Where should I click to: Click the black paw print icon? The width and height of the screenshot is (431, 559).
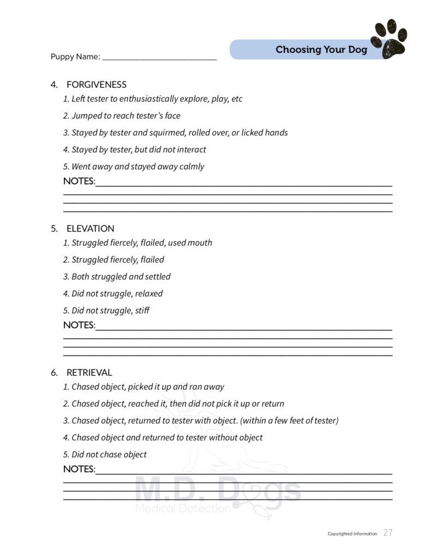coord(389,39)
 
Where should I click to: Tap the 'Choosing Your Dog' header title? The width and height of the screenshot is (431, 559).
coord(321,50)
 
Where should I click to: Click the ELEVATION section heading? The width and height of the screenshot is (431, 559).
coord(90,229)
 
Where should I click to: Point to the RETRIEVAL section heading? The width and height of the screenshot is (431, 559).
coord(89,373)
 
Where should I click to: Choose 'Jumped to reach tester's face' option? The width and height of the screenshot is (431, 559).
coord(122,116)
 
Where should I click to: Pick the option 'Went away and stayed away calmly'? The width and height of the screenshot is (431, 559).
coord(133,166)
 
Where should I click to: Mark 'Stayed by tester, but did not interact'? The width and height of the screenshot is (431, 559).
coord(135,150)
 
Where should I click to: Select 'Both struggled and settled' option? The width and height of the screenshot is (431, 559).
coord(117,277)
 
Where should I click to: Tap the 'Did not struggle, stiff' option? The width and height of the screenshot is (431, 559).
coord(106,311)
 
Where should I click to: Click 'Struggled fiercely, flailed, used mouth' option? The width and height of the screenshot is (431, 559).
coord(137,243)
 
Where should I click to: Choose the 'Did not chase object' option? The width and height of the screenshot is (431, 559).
coord(105,455)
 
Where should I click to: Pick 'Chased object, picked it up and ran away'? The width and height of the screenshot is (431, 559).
coord(143,387)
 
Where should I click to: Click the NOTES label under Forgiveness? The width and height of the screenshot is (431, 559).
coord(79,181)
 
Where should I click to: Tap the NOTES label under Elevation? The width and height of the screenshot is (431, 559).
coord(79,325)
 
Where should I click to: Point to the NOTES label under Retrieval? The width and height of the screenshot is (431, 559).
coord(79,469)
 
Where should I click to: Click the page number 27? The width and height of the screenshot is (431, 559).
coord(387,533)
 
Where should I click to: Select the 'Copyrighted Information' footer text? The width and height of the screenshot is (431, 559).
coord(352,534)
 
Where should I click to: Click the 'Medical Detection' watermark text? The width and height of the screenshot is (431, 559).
coord(183,509)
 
